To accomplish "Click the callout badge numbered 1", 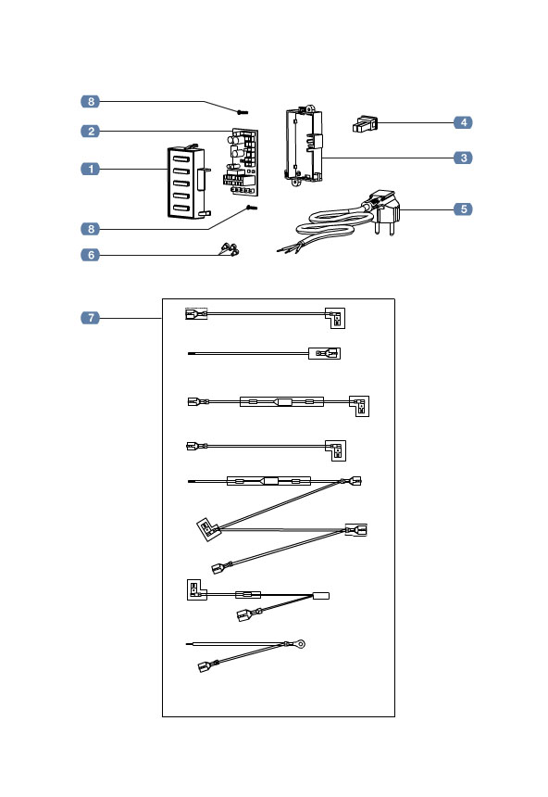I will tap(90, 169).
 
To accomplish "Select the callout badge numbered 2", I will tap(90, 132).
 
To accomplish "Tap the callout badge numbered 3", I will tap(464, 158).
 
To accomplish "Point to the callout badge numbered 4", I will tap(464, 122).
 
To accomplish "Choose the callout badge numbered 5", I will tap(464, 209).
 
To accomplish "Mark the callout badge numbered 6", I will tap(90, 255).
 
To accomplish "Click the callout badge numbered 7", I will tap(90, 319).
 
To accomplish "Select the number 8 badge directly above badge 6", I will tap(90, 228).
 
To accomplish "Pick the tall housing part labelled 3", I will tap(304, 145).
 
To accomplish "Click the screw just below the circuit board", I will tap(250, 210).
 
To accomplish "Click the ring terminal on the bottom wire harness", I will tap(299, 642).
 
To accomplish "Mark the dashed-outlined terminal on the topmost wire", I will tap(195, 314).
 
